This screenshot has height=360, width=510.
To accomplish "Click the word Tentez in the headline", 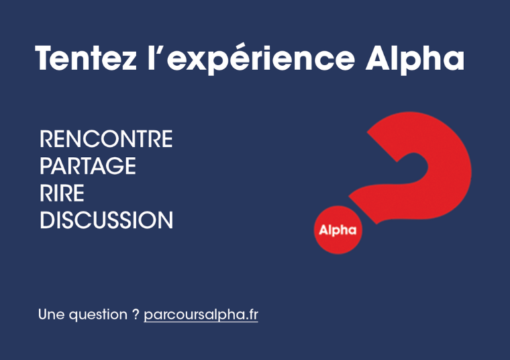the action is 86,58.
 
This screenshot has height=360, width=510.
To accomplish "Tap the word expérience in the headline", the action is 260,60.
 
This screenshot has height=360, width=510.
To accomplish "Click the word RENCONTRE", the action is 106,139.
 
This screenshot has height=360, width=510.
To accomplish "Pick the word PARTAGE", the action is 88,166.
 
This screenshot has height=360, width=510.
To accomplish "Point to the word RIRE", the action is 62,193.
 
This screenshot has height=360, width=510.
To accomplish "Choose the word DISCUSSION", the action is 106,220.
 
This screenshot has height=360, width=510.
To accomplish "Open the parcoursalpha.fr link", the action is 201,315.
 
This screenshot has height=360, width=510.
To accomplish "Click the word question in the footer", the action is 98,315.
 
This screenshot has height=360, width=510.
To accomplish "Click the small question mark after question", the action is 136,314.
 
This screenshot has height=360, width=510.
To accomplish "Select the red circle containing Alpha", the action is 338,230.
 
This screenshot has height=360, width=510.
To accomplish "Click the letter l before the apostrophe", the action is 150,58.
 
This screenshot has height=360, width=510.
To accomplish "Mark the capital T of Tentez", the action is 46,58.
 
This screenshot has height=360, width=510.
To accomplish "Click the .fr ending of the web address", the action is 252,315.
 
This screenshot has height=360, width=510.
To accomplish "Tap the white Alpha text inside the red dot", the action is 338,230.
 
